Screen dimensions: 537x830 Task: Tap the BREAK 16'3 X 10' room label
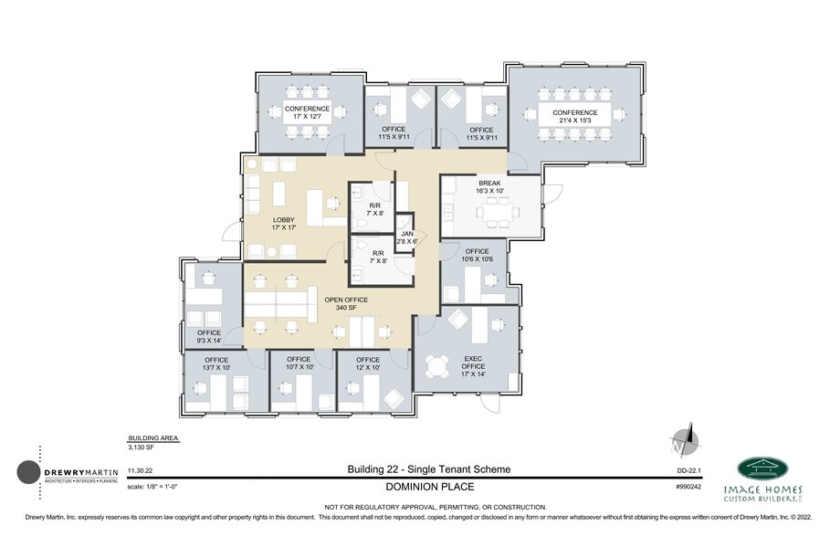[x=489, y=186]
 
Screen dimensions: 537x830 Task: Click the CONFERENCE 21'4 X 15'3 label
[x=574, y=116]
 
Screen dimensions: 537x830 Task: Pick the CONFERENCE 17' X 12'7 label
[x=307, y=113]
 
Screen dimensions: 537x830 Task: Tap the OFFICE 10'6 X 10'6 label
[x=478, y=255]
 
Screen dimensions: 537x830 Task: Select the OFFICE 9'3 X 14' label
[x=209, y=336]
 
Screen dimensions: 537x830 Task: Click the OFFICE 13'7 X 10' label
[x=216, y=363]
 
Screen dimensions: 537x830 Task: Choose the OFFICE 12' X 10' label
[x=368, y=363]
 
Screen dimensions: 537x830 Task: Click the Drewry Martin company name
[x=82, y=471]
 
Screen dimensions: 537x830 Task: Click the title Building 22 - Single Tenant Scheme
[x=429, y=469]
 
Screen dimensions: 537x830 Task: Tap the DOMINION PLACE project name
[x=429, y=488]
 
